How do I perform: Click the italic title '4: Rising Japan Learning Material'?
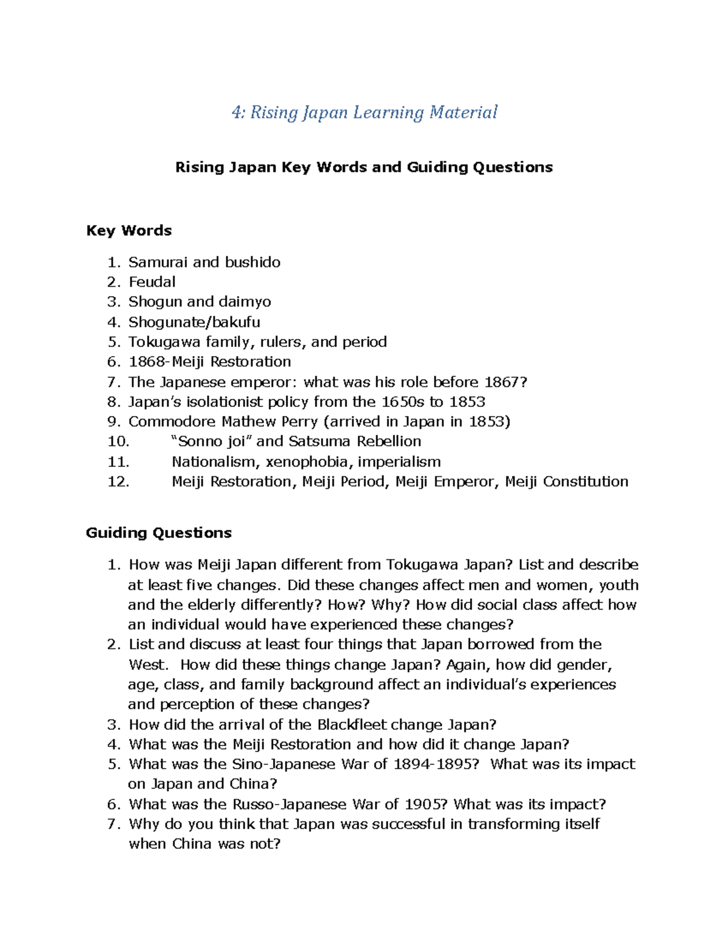[x=364, y=113]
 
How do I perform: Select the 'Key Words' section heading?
[x=129, y=230]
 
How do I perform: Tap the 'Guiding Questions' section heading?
[x=159, y=533]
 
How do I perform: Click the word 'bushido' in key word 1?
[x=252, y=262]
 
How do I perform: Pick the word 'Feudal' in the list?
[x=152, y=282]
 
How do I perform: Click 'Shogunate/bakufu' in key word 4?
[x=194, y=322]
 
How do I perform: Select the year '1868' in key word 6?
[x=146, y=362]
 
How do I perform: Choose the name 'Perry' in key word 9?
[x=295, y=422]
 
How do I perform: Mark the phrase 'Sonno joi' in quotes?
[x=212, y=442]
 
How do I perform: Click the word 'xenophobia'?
[x=308, y=462]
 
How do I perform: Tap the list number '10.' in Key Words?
[x=118, y=442]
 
